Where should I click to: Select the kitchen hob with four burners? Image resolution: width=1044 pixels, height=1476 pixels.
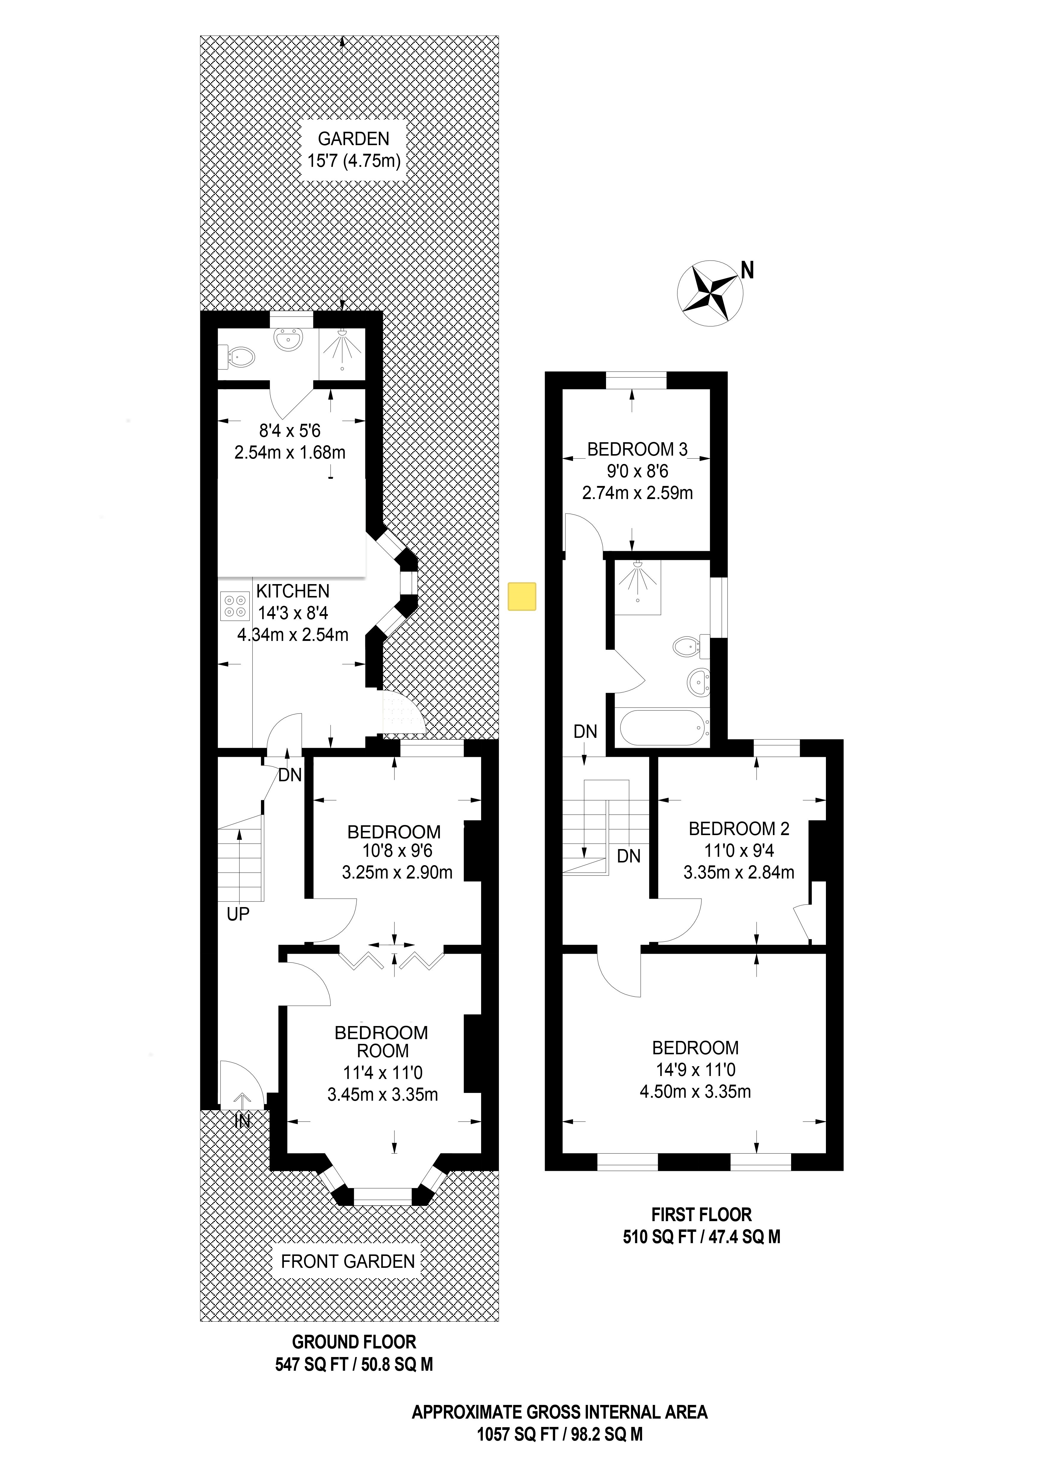point(235,605)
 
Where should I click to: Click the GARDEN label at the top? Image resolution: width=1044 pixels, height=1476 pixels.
point(354,138)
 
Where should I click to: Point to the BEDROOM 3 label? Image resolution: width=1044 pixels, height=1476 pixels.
point(638,449)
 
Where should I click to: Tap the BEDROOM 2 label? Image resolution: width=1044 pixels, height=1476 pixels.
point(739,829)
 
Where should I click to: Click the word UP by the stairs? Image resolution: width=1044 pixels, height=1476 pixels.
point(238,914)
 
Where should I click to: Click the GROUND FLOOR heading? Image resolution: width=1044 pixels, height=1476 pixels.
point(354,1342)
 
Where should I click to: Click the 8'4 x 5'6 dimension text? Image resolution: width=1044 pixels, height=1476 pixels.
point(290,430)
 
